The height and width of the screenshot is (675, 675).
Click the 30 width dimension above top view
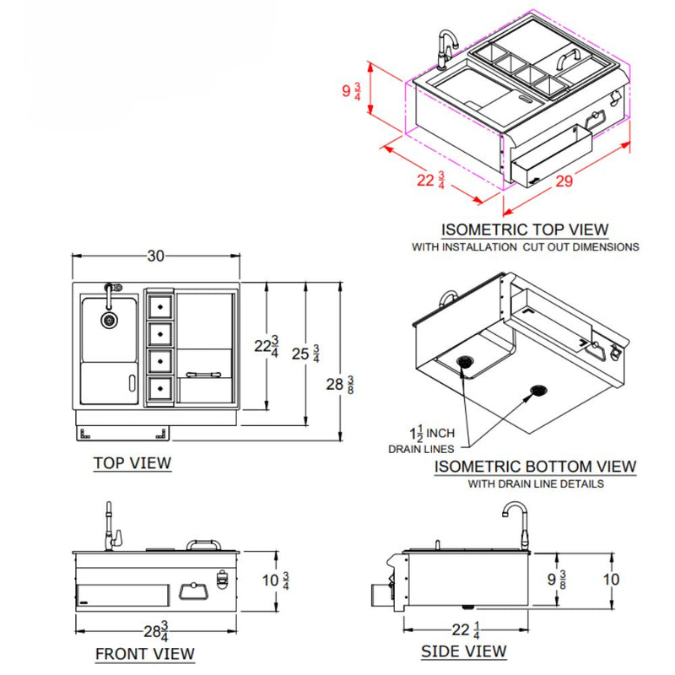pyautogui.click(x=155, y=256)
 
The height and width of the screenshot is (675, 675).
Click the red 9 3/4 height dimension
pyautogui.click(x=352, y=91)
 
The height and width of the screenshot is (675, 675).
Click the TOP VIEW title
pyautogui.click(x=132, y=462)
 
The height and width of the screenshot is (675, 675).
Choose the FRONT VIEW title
pyautogui.click(x=144, y=654)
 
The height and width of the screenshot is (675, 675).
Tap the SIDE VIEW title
pyautogui.click(x=464, y=651)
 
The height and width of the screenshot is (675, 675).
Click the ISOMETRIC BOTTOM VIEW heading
pyautogui.click(x=536, y=467)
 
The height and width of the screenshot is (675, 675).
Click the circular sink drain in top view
pyautogui.click(x=109, y=320)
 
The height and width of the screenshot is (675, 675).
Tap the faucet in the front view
pyautogui.click(x=110, y=527)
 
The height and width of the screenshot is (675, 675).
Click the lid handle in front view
pyautogui.click(x=202, y=544)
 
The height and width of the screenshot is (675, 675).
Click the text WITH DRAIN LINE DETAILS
pyautogui.click(x=536, y=484)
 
